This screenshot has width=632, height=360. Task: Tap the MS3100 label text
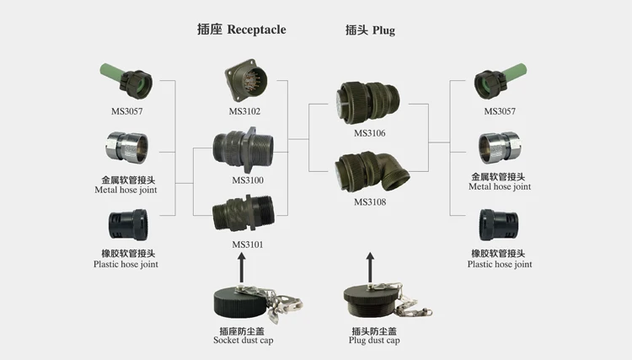coord(248,180)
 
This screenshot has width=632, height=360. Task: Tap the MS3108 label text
coord(370,202)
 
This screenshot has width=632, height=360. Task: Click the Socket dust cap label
coord(244,340)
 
